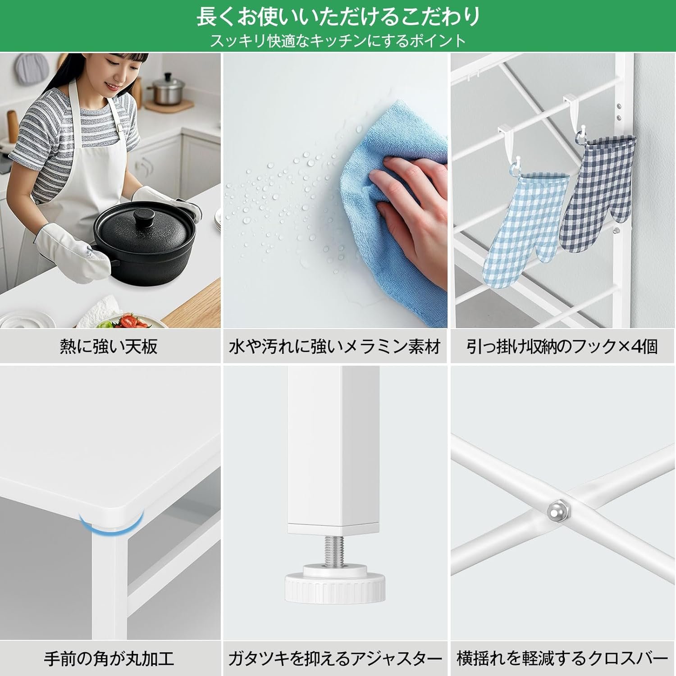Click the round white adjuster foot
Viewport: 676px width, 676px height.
tap(335, 583)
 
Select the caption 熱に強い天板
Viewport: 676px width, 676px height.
tap(109, 347)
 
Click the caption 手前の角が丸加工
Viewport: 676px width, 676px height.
tap(109, 659)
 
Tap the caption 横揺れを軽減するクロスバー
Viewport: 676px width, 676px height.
tap(562, 659)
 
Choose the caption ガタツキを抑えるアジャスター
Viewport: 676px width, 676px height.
tap(335, 659)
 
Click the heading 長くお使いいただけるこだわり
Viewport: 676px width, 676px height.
tap(338, 17)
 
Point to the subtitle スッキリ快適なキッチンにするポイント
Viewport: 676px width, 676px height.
tap(338, 41)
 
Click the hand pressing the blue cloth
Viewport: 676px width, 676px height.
tap(408, 212)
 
